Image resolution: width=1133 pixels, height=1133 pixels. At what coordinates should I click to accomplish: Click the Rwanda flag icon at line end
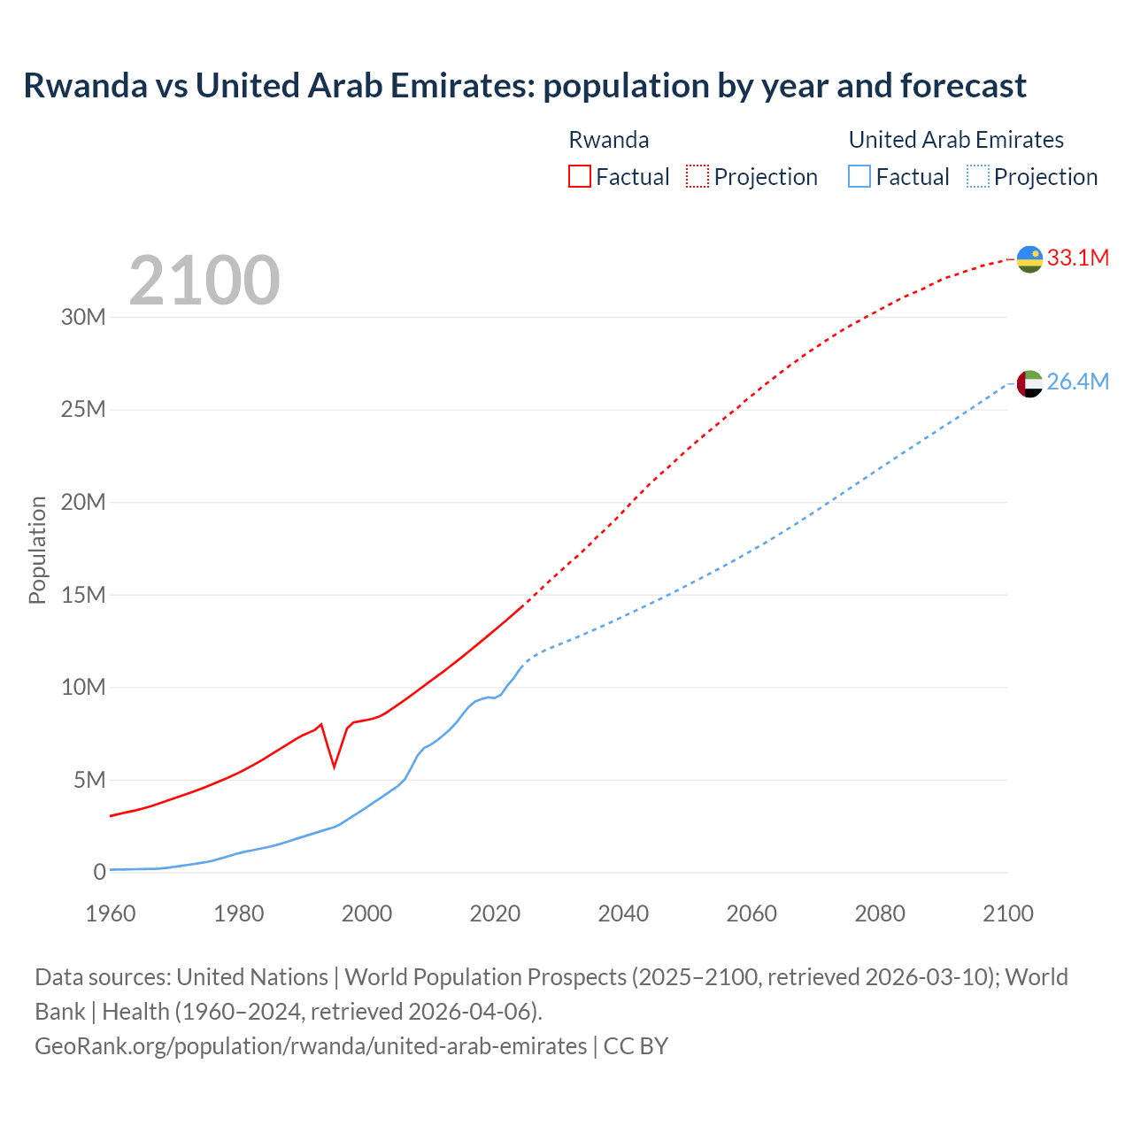1029,259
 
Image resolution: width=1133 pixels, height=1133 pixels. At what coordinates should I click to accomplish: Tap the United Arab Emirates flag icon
1029,383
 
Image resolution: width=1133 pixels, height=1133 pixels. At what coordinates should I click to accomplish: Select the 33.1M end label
1077,258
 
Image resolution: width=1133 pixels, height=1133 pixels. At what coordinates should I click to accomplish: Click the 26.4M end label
1077,382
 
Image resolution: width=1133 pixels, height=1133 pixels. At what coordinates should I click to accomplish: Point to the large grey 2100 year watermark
204,281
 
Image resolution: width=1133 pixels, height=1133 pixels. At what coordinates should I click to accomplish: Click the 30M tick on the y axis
83,317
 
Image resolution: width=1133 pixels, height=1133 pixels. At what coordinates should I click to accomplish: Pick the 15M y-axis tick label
83,595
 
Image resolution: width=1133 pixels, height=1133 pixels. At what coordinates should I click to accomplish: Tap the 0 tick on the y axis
100,872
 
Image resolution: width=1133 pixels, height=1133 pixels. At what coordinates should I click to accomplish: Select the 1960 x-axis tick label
111,913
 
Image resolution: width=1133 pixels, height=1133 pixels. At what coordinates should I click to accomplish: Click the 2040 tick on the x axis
623,913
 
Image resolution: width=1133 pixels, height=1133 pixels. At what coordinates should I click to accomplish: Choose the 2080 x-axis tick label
880,913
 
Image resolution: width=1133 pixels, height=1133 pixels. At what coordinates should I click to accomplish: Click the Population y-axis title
37,551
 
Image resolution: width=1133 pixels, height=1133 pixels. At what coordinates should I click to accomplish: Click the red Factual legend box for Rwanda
579,176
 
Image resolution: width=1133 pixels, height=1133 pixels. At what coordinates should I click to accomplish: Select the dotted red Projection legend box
698,176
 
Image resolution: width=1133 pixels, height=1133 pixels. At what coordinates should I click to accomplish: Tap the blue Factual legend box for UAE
859,176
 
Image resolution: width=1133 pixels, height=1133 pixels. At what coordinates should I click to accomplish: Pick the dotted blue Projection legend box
978,176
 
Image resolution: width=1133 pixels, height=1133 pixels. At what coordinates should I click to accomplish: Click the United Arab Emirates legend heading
956,140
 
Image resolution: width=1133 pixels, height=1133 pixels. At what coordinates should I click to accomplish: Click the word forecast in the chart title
963,85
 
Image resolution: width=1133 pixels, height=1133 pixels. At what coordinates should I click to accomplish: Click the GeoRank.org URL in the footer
311,1045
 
